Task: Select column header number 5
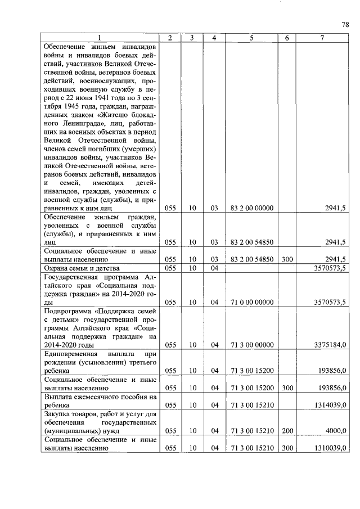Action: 251,38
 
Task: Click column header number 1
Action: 100,38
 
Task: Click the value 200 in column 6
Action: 286,431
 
